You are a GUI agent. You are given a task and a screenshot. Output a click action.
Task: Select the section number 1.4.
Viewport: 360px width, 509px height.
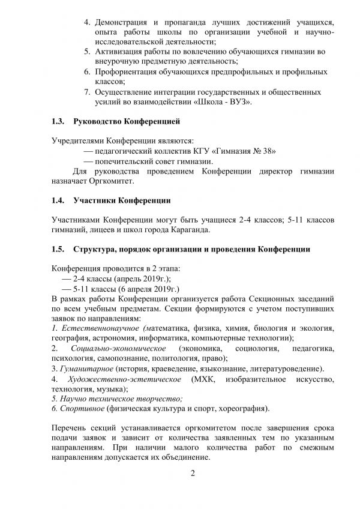click(59, 199)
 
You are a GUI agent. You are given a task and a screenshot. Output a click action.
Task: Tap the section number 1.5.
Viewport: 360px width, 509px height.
click(59, 249)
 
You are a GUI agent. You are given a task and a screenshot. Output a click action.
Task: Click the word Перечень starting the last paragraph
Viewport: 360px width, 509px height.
click(70, 430)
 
